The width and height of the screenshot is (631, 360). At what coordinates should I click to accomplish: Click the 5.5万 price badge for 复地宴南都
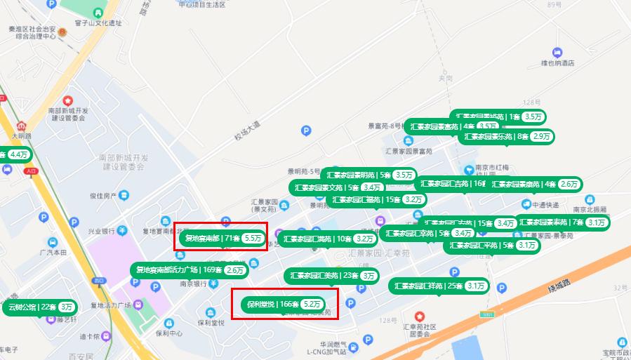click(253, 239)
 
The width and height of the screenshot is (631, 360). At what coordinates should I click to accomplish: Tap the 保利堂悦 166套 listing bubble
click(285, 305)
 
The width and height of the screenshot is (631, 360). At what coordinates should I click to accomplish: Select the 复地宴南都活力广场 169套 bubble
click(190, 269)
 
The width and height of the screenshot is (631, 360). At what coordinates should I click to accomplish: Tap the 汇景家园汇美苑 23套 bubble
click(331, 275)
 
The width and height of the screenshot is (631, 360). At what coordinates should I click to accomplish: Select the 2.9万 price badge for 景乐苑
click(541, 136)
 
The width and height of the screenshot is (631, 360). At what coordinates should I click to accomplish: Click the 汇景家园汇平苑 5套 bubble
click(492, 245)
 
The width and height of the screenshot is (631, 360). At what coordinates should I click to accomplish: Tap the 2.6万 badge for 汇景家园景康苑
click(569, 184)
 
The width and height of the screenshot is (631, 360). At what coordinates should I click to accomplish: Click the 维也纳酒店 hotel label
click(557, 63)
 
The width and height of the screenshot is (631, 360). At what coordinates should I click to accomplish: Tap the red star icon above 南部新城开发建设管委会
click(68, 101)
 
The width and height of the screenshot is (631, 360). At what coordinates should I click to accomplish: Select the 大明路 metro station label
click(22, 135)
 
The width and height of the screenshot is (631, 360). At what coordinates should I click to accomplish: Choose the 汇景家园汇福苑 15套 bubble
click(376, 199)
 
